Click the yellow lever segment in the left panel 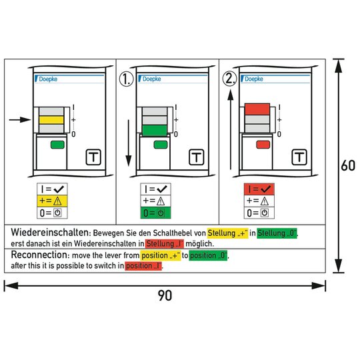pyautogui.click(x=51, y=120)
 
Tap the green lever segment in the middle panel pyautogui.click(x=155, y=131)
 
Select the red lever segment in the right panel pyautogui.click(x=257, y=109)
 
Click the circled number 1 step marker pyautogui.click(x=126, y=79)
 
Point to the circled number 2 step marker pyautogui.click(x=229, y=79)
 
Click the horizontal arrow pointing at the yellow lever pyautogui.click(x=20, y=119)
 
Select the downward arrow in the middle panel pyautogui.click(x=129, y=143)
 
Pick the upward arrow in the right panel pyautogui.click(x=230, y=130)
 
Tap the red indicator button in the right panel pyautogui.click(x=263, y=145)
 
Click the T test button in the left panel pyautogui.click(x=93, y=157)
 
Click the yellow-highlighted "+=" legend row pyautogui.click(x=52, y=201)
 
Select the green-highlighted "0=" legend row pyautogui.click(x=155, y=213)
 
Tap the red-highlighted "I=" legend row pyautogui.click(x=259, y=189)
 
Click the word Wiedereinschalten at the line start pyautogui.click(x=49, y=233)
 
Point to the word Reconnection pyautogui.click(x=39, y=255)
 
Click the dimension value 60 pyautogui.click(x=348, y=165)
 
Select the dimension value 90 pyautogui.click(x=165, y=295)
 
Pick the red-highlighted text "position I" pyautogui.click(x=144, y=266)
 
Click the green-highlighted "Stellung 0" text pyautogui.click(x=277, y=233)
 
